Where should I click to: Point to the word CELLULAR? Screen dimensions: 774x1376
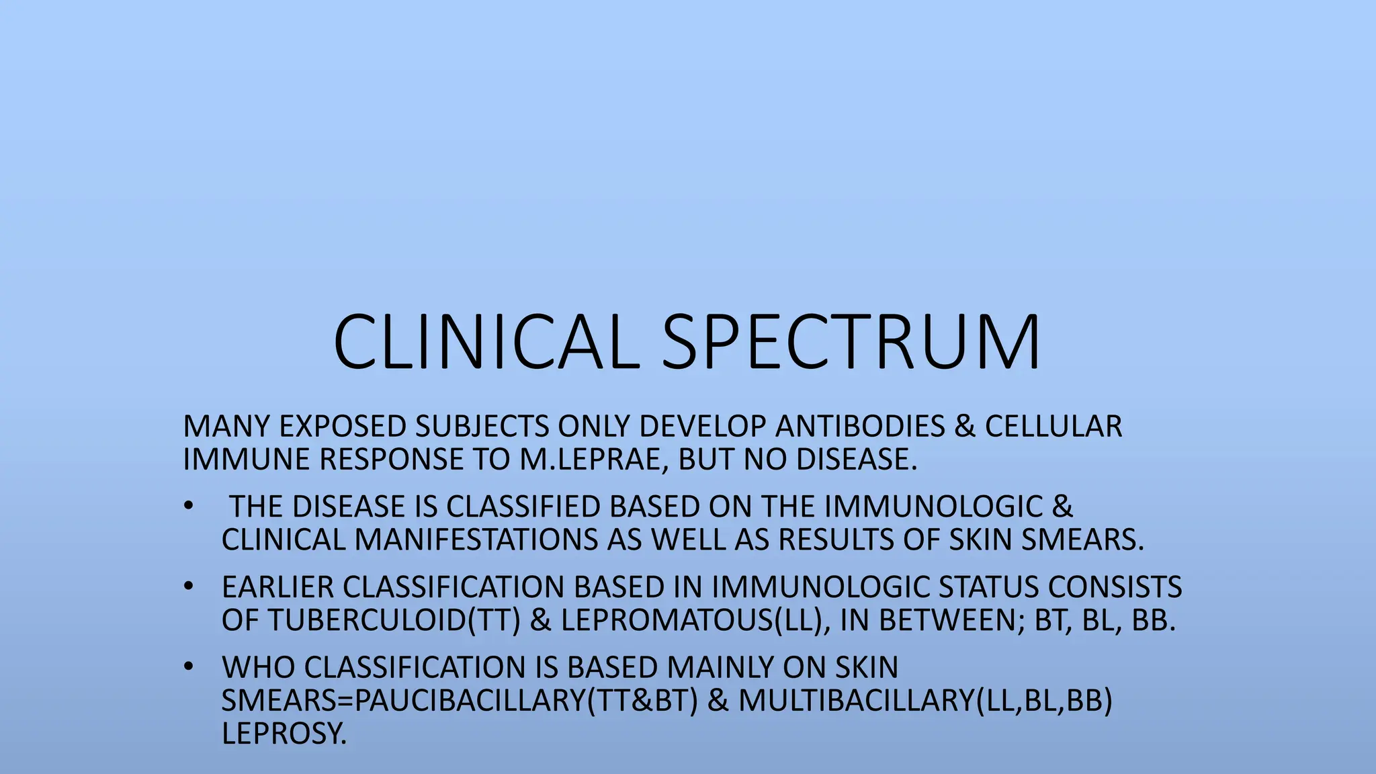point(1053,427)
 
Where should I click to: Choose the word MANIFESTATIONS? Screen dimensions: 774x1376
point(476,540)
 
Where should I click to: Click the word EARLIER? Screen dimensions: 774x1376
point(277,587)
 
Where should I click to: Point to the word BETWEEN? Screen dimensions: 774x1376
point(951,620)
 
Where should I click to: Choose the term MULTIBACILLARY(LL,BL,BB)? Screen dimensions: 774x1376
point(925,700)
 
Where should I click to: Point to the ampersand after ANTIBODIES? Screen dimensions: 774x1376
point(964,427)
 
